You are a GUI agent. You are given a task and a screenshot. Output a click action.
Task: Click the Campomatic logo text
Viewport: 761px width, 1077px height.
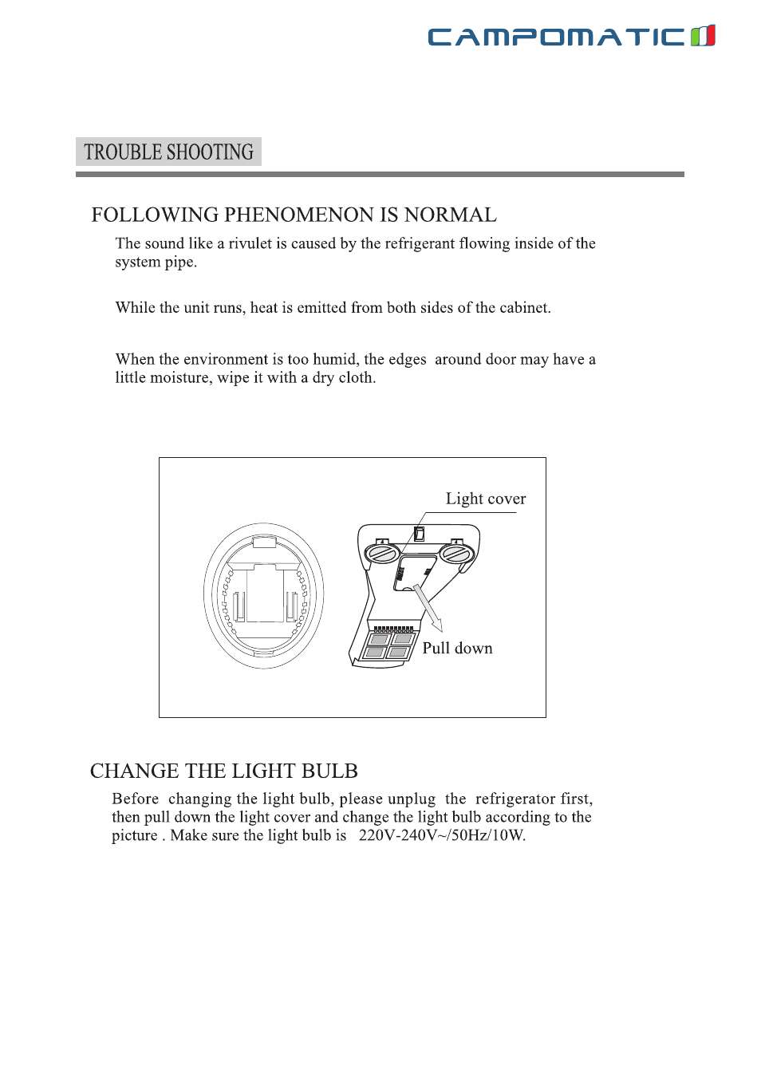point(556,37)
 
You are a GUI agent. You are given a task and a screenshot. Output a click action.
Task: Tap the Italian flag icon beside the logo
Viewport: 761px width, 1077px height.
point(703,36)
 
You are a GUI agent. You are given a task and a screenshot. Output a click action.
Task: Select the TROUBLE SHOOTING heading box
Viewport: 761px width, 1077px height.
point(168,152)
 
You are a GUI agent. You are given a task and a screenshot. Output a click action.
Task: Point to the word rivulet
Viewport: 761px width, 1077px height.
point(250,243)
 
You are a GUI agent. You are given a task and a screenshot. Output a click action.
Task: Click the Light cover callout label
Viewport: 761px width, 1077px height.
point(485,499)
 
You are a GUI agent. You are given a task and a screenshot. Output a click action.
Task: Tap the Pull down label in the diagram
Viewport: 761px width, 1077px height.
point(457,649)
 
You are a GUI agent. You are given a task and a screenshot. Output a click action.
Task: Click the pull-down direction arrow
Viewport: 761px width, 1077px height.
point(428,609)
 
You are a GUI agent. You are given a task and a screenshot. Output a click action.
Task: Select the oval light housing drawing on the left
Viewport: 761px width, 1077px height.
point(263,595)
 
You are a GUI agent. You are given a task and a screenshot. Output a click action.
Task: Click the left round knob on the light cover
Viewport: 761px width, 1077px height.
point(382,552)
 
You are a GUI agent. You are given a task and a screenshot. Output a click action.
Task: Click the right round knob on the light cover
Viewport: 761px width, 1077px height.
point(457,552)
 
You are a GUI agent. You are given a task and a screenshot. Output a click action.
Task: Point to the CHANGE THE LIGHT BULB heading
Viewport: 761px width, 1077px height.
point(223,771)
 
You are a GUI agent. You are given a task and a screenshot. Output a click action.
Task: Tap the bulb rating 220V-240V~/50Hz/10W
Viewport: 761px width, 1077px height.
point(442,836)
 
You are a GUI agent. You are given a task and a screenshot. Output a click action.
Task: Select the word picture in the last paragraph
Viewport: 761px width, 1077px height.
point(135,836)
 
